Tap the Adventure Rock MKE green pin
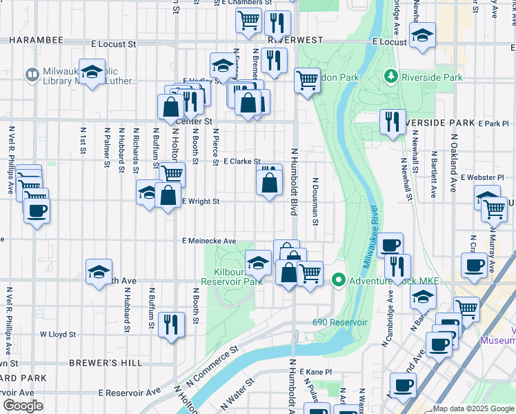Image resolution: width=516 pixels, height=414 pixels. (338, 280)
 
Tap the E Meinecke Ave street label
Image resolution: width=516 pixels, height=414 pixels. (209, 241)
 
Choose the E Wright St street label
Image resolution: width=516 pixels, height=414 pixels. (201, 201)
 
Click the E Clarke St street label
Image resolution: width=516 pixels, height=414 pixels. (241, 161)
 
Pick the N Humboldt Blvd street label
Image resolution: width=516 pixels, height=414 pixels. (294, 181)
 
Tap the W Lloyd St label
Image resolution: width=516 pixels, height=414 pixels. (57, 333)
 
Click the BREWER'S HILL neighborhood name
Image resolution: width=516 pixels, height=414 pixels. (105, 363)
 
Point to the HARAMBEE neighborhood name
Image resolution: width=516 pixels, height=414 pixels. (36, 40)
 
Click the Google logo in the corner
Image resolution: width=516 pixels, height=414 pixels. (23, 405)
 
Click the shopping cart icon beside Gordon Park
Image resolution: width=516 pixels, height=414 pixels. (307, 79)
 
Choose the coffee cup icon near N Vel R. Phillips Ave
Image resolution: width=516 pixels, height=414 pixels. (37, 210)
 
